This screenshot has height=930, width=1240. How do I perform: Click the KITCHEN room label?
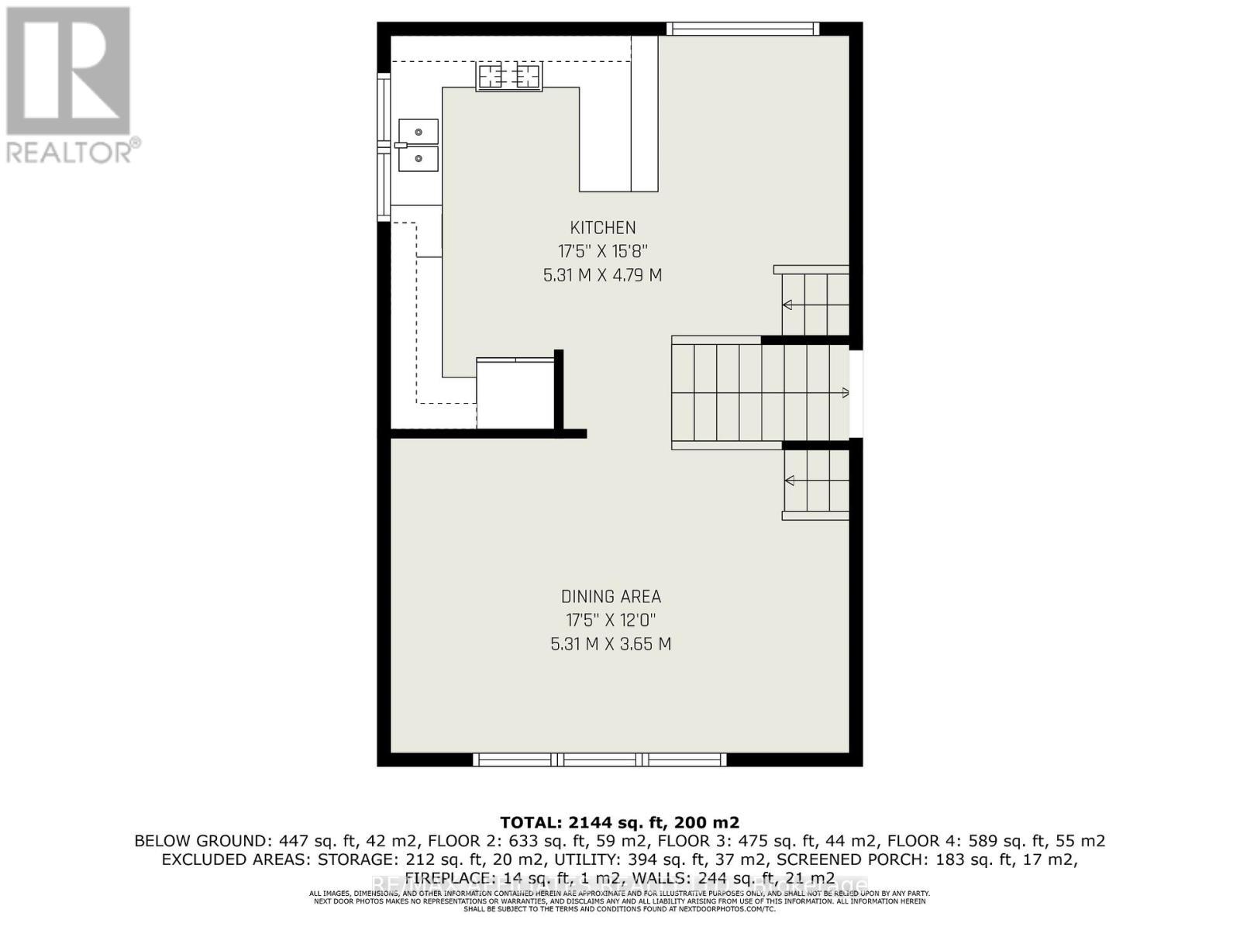pyautogui.click(x=603, y=228)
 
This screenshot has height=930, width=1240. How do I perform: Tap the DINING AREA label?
pyautogui.click(x=611, y=597)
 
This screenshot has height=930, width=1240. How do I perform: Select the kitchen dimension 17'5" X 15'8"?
pyautogui.click(x=603, y=251)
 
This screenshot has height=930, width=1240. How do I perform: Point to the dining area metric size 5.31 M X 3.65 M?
pyautogui.click(x=611, y=644)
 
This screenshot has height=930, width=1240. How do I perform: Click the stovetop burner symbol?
pyautogui.click(x=509, y=76)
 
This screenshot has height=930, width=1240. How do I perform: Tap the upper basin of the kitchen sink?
pyautogui.click(x=418, y=132)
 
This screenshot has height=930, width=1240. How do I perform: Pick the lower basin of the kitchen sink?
pyautogui.click(x=418, y=158)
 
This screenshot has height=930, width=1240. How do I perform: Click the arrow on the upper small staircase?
pyautogui.click(x=787, y=305)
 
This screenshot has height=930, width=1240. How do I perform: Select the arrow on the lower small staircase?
pyautogui.click(x=789, y=481)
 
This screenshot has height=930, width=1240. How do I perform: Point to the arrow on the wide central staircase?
pyautogui.click(x=845, y=393)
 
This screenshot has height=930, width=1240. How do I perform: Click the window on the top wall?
pyautogui.click(x=742, y=29)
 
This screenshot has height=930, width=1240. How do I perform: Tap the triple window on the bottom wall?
pyautogui.click(x=600, y=759)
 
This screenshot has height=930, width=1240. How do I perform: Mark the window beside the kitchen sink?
pyautogui.click(x=384, y=147)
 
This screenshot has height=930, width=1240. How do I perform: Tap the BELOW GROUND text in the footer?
pyautogui.click(x=200, y=841)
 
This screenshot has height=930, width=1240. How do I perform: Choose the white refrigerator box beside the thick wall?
pyautogui.click(x=515, y=394)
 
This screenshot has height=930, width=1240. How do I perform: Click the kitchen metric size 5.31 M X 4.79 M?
pyautogui.click(x=603, y=275)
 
